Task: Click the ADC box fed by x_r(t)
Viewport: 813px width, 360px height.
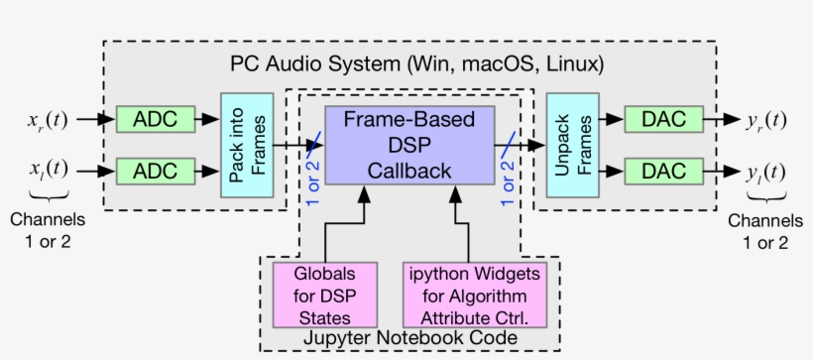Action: pos(155,119)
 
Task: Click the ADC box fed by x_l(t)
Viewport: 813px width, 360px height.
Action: pos(155,171)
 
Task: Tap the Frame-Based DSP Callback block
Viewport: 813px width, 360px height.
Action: pos(408,145)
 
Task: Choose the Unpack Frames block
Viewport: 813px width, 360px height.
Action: pos(572,145)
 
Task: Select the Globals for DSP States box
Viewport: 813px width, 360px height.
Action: pos(326,295)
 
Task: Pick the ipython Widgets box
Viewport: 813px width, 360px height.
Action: pos(476,295)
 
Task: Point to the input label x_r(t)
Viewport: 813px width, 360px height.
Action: pos(47,120)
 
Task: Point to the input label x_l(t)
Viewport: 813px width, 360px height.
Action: pos(47,170)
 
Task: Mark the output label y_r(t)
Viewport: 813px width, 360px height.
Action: pos(765,120)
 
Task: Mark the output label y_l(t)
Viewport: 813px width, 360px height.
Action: pos(765,171)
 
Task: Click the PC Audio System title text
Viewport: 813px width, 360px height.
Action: pos(416,63)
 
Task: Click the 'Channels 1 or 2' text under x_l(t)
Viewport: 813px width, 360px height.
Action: pos(47,230)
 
